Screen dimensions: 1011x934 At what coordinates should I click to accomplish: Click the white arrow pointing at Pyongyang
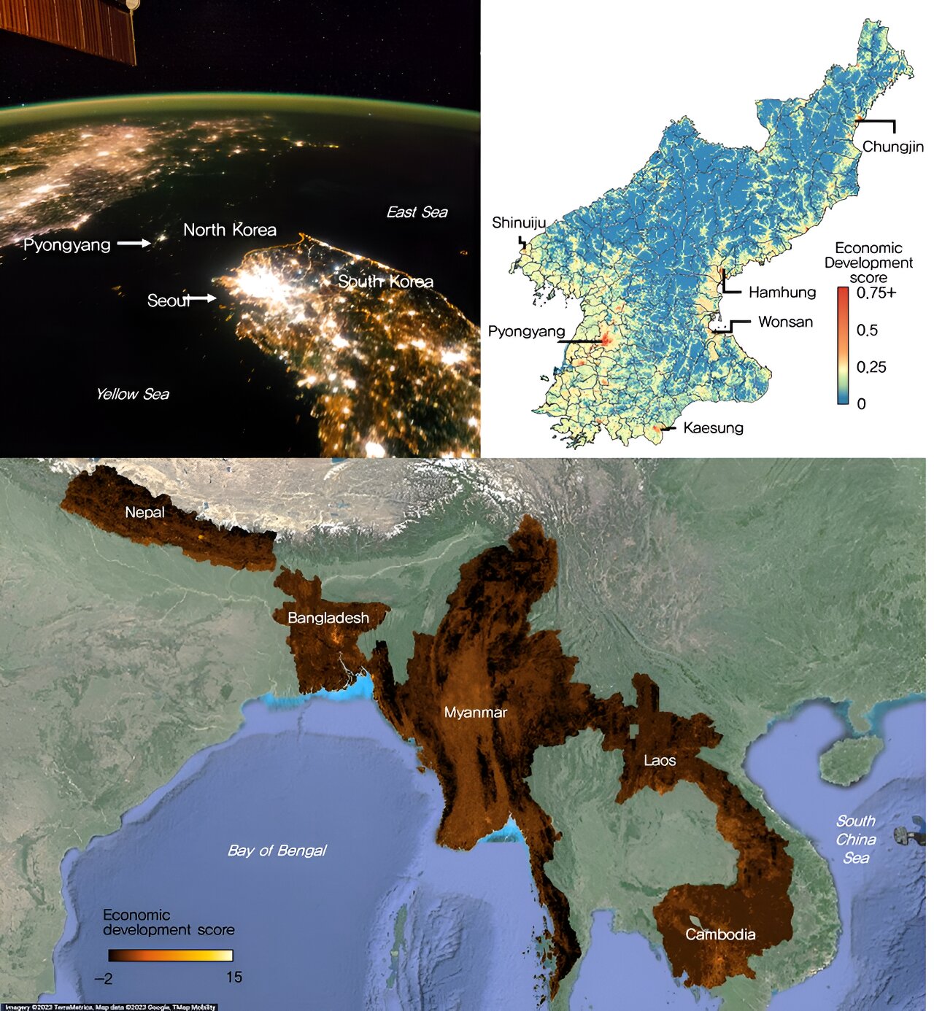click(x=134, y=243)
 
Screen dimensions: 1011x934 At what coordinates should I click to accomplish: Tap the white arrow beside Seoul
click(x=202, y=298)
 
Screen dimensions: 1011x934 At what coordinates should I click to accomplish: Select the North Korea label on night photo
click(x=230, y=230)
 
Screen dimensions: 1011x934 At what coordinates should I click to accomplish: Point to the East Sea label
click(x=417, y=212)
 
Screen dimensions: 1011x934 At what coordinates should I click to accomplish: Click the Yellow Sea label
click(x=132, y=395)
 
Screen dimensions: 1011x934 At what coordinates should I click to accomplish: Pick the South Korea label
click(x=385, y=282)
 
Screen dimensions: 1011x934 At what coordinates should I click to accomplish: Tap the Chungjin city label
click(x=892, y=147)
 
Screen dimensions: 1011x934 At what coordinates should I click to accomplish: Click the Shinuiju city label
click(x=518, y=222)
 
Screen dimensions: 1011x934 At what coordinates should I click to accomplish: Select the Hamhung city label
click(x=781, y=293)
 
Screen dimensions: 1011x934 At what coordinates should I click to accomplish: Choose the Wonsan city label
click(x=785, y=322)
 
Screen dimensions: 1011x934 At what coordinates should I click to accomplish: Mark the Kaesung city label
click(x=713, y=428)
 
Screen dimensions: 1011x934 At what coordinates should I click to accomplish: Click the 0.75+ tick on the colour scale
click(x=876, y=293)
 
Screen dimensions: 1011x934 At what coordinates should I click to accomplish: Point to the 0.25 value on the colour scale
click(x=871, y=367)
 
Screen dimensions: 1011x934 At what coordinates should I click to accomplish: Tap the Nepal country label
click(x=144, y=512)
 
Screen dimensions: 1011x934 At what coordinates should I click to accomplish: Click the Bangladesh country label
click(x=328, y=618)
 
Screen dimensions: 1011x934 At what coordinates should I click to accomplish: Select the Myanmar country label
click(x=475, y=713)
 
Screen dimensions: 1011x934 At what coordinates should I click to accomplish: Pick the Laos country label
click(x=659, y=761)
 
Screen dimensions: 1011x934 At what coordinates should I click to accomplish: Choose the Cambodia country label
click(x=719, y=934)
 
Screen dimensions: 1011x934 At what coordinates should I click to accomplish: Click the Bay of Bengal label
click(x=277, y=851)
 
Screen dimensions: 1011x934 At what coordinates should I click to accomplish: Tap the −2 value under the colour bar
click(x=104, y=978)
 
